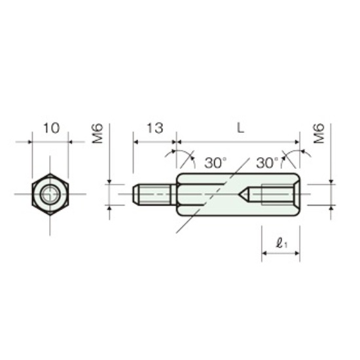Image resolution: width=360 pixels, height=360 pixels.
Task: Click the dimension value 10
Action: (x=52, y=128)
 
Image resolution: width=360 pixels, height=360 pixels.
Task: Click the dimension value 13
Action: (x=155, y=128)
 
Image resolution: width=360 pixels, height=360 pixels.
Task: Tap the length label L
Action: (x=240, y=128)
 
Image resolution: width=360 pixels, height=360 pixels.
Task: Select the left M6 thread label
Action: (x=98, y=134)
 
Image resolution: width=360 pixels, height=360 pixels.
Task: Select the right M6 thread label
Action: (x=319, y=134)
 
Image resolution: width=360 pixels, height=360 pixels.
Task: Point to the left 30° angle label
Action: (x=215, y=163)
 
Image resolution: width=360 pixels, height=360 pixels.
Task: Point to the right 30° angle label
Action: (x=268, y=163)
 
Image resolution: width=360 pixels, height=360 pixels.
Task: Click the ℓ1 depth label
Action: (x=281, y=243)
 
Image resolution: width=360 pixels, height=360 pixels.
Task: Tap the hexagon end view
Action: (x=50, y=194)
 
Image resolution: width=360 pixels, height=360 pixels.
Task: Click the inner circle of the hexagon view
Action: (x=50, y=194)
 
